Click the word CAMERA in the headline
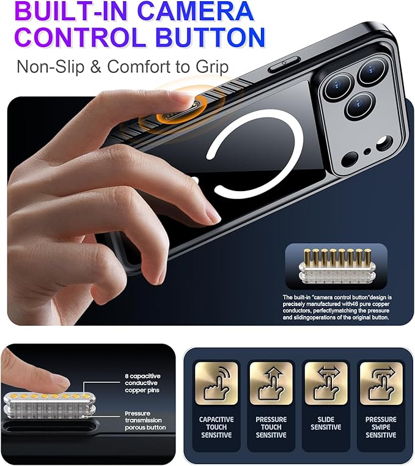click(x=196, y=11)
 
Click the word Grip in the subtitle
click(x=212, y=67)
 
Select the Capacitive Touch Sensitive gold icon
click(x=216, y=383)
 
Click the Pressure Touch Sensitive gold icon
click(x=271, y=383)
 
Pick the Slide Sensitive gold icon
click(x=326, y=383)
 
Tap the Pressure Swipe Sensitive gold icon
click(x=381, y=383)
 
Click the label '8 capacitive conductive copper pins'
click(x=142, y=383)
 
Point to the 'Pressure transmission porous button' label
click(x=145, y=420)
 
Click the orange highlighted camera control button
click(x=182, y=111)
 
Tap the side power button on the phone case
click(x=284, y=64)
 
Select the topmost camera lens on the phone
click(x=372, y=71)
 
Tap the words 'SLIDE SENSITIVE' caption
click(x=326, y=423)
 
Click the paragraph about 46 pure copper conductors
click(x=337, y=307)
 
